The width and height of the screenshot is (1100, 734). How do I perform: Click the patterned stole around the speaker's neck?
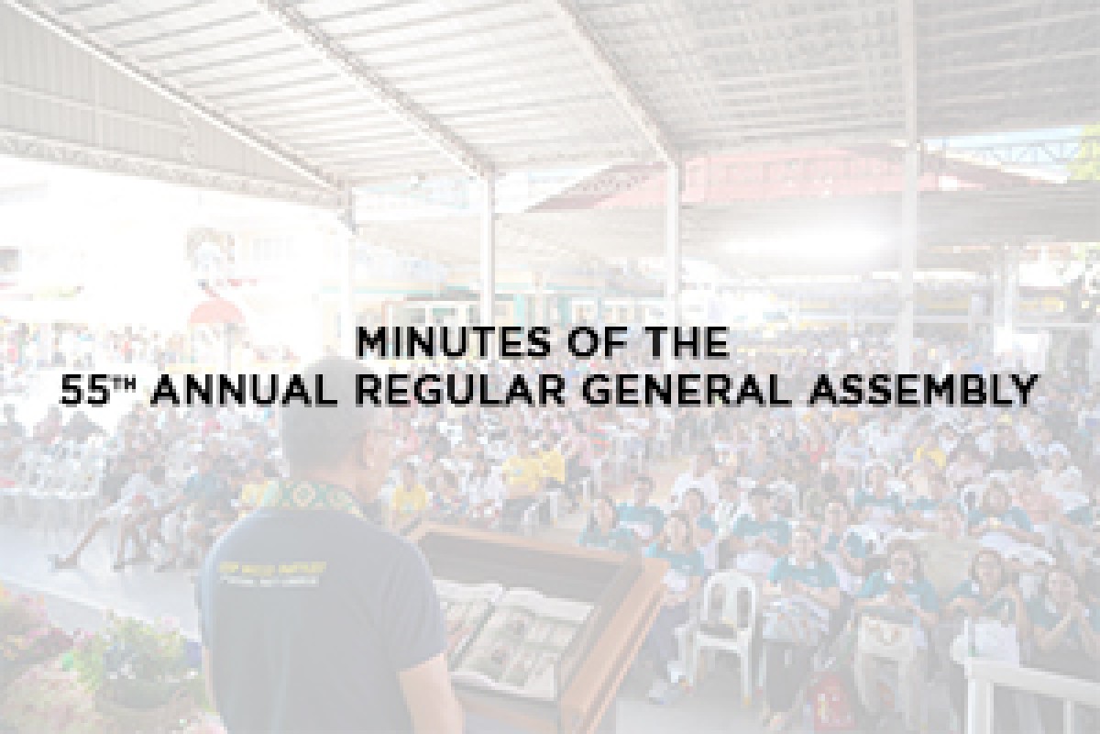[x=312, y=495]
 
